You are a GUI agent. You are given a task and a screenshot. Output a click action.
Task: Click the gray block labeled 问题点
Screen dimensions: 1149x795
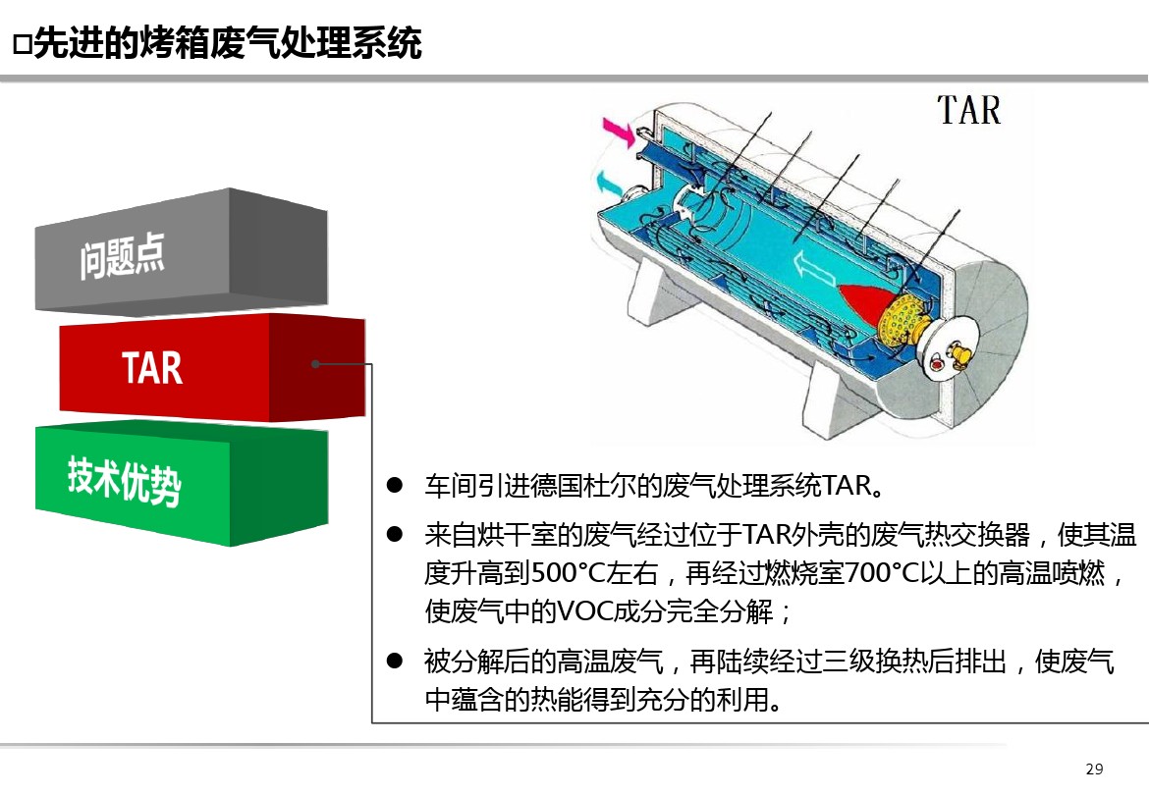tap(181, 252)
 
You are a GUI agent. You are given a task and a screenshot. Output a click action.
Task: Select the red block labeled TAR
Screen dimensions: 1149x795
tap(212, 367)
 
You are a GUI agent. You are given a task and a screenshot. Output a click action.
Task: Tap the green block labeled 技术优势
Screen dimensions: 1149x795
tap(181, 482)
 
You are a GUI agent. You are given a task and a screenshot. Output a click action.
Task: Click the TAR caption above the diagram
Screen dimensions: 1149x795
tap(968, 111)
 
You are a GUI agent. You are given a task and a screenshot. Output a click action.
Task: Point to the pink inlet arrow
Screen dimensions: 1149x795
tap(619, 132)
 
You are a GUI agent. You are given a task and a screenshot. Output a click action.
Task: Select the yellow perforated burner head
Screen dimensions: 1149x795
tap(903, 322)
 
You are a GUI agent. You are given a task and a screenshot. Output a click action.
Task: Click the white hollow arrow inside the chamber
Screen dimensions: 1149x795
tap(815, 268)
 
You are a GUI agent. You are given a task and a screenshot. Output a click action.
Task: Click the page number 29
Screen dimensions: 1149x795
tap(1094, 768)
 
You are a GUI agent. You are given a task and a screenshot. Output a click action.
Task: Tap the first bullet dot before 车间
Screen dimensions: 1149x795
tap(394, 485)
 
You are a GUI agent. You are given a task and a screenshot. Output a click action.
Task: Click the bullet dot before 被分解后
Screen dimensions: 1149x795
tap(394, 662)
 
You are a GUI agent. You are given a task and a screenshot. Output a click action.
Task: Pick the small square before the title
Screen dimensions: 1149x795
tap(22, 45)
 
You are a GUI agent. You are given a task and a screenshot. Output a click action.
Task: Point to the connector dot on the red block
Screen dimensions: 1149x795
tap(315, 364)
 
